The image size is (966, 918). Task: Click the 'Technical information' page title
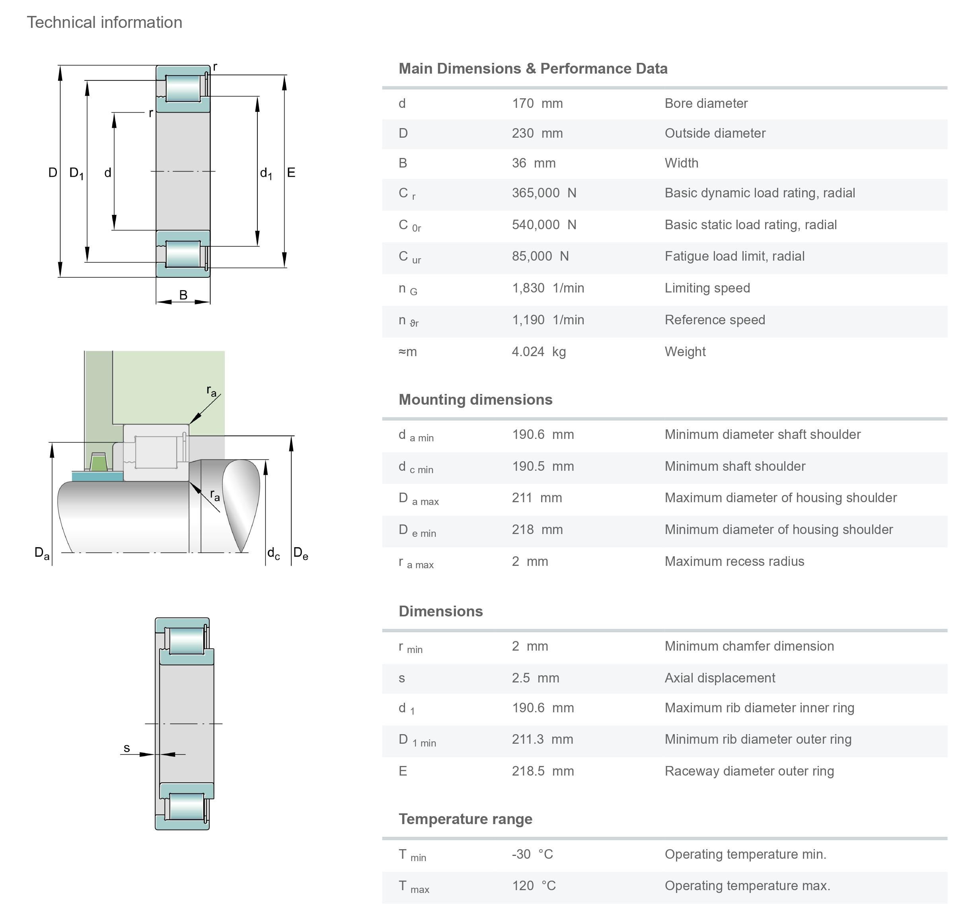(x=104, y=23)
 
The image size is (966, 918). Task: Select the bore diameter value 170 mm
(x=537, y=104)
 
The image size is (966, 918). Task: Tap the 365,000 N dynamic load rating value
(x=544, y=193)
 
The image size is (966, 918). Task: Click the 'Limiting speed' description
(x=707, y=288)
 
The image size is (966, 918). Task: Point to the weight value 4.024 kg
(x=538, y=351)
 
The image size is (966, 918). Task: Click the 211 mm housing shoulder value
(x=536, y=498)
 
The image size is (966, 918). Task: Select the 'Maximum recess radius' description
(x=734, y=561)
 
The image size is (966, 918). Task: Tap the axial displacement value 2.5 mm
(x=535, y=678)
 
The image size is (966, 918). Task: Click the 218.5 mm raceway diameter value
(x=542, y=771)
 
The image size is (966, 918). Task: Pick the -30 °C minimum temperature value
(x=532, y=854)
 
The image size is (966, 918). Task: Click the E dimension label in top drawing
(x=291, y=173)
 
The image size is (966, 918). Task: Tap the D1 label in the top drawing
(x=76, y=173)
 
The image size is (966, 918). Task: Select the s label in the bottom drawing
(x=127, y=748)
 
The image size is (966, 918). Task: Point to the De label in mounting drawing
(x=300, y=553)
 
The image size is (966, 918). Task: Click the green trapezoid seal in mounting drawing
(x=98, y=462)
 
